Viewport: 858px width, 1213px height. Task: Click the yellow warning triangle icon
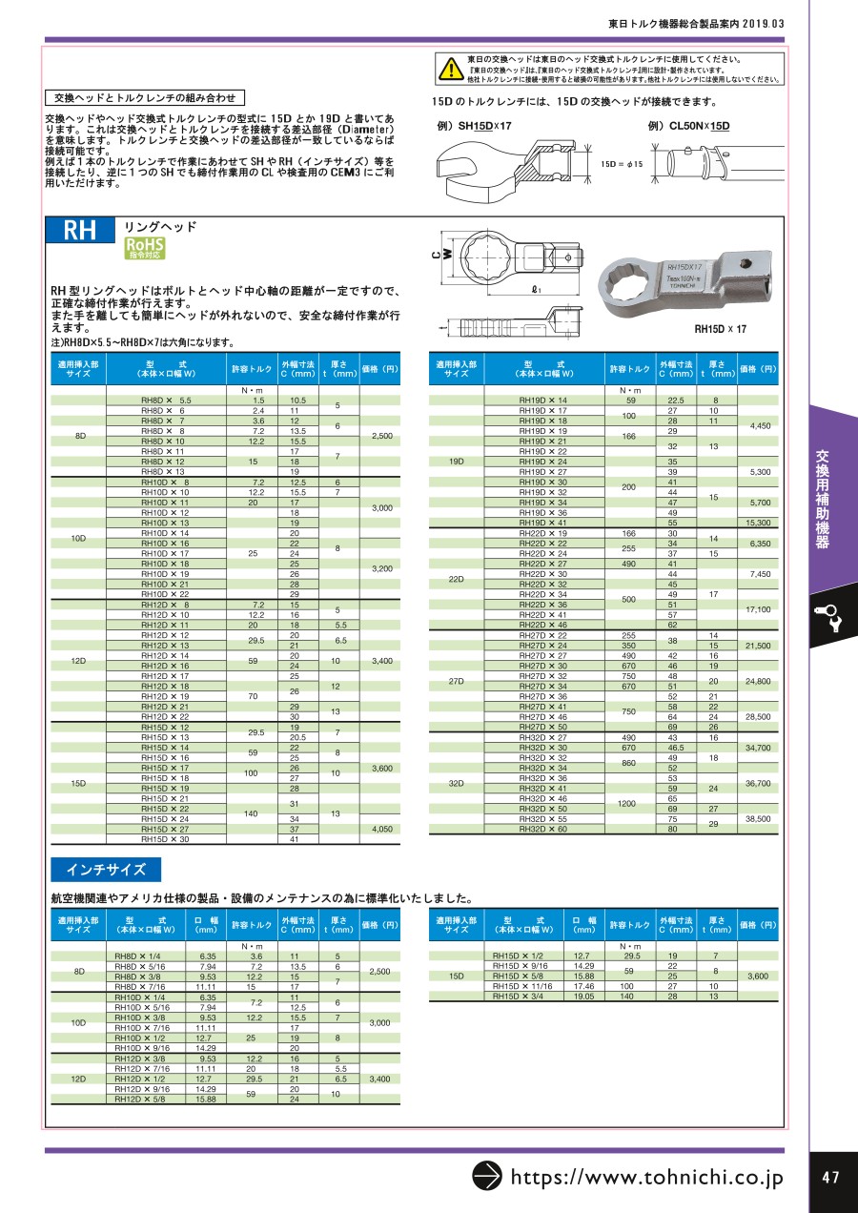click(x=447, y=69)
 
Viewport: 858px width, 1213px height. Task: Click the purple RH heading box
click(x=80, y=232)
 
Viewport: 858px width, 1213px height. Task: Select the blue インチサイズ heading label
click(x=106, y=870)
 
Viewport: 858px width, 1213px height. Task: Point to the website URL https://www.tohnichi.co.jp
click(x=647, y=1178)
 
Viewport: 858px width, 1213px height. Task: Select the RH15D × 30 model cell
click(x=165, y=839)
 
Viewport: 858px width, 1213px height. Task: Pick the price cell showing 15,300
click(x=759, y=524)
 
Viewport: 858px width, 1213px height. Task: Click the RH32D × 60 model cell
click(x=543, y=830)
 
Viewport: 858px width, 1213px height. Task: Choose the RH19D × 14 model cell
click(x=543, y=401)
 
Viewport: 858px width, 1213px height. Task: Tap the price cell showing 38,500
click(x=759, y=819)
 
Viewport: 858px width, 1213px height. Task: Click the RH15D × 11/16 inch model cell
click(x=521, y=986)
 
